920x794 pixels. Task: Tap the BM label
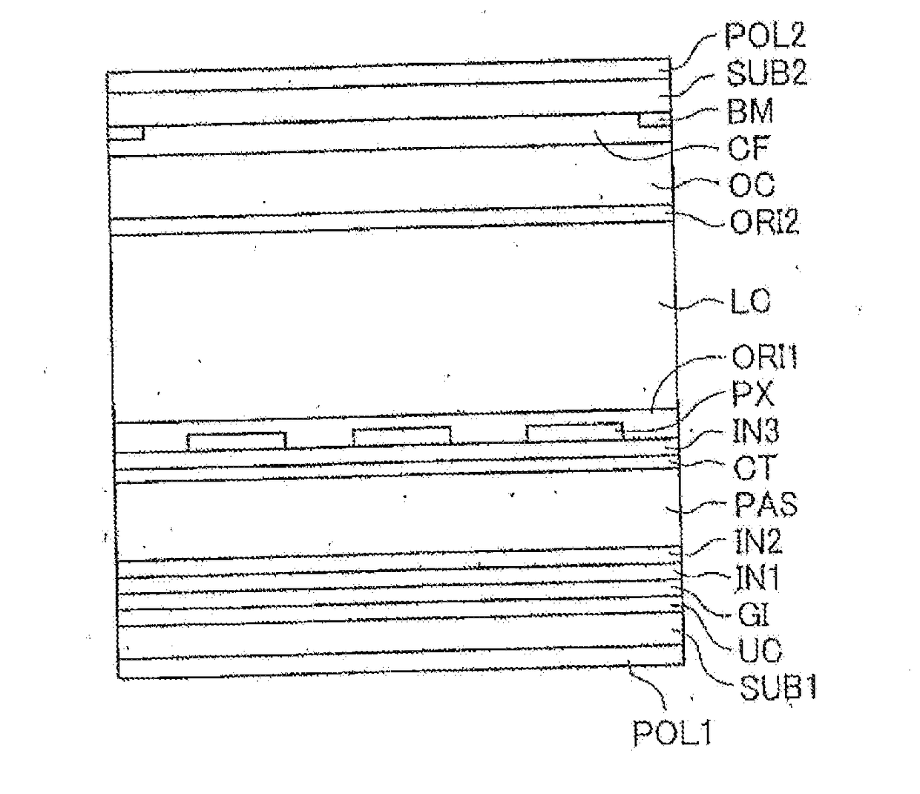point(750,111)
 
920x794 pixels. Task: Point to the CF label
point(749,148)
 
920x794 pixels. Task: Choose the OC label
point(752,185)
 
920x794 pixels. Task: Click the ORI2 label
point(764,222)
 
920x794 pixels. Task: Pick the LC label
point(750,301)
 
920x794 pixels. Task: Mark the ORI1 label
point(764,358)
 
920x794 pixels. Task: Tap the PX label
point(753,394)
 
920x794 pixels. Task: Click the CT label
point(753,468)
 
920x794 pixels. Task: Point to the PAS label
point(766,505)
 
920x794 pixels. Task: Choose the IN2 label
point(758,542)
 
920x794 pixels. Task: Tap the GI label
point(753,614)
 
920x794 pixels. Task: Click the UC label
point(760,651)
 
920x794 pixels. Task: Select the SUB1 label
point(778,689)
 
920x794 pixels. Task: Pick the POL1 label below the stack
point(671,734)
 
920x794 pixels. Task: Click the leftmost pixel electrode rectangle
point(236,441)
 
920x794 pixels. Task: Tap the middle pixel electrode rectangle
point(401,436)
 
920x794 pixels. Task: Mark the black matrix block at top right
point(654,119)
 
